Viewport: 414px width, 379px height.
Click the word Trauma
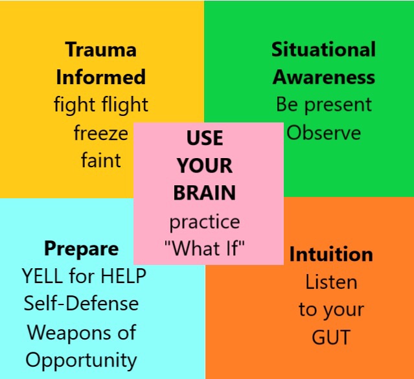tap(100, 50)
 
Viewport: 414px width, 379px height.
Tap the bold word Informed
tap(100, 78)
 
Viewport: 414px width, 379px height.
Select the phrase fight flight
tap(100, 105)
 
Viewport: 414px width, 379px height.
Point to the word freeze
tap(100, 133)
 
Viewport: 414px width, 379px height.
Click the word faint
tap(100, 160)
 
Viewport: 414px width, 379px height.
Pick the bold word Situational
tap(323, 50)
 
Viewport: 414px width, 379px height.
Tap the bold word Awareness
tap(323, 78)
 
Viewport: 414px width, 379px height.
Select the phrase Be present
tap(323, 105)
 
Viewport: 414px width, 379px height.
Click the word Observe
tap(323, 133)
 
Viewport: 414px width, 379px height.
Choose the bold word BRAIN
tap(205, 193)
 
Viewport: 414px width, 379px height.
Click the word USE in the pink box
tap(205, 138)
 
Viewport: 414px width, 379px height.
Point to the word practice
tap(205, 222)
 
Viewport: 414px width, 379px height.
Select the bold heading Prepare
tap(81, 249)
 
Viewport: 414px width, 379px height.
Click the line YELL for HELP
tap(84, 277)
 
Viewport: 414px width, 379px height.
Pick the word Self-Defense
tap(81, 303)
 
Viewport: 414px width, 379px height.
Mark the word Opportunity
tap(81, 360)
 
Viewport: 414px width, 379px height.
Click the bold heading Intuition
tap(331, 254)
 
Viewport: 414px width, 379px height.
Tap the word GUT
tap(330, 338)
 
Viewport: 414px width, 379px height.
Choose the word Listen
tap(331, 282)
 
